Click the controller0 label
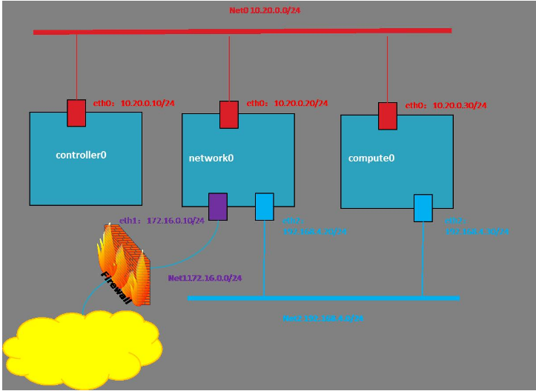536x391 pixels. click(82, 156)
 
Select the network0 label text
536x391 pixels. click(211, 158)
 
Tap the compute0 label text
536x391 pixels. click(371, 158)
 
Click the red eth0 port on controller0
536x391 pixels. click(76, 113)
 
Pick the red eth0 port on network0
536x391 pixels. click(229, 115)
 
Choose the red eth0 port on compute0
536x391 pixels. click(388, 116)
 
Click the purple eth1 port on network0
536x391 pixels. click(217, 207)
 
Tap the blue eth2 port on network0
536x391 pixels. click(265, 207)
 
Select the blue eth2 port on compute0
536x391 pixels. click(423, 208)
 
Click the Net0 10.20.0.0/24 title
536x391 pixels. click(265, 10)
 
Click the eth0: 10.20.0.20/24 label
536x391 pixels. click(287, 104)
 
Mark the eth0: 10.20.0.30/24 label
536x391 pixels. click(446, 106)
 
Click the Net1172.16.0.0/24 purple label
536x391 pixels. click(205, 278)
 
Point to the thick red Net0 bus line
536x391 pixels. click(242, 31)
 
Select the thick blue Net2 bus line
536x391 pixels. click(323, 298)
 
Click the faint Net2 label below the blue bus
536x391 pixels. click(322, 318)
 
